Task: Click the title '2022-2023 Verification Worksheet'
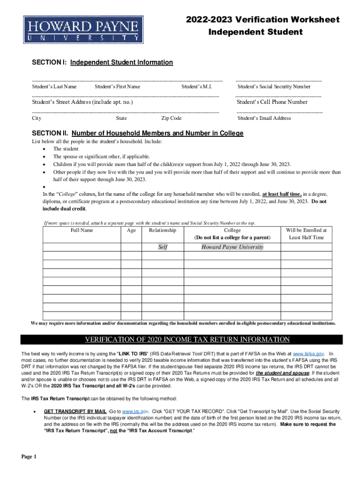pos(263,20)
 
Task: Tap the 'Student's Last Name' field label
pos(54,87)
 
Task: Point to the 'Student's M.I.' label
pos(197,87)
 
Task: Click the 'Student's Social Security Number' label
pos(274,87)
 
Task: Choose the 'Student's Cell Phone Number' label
pos(272,102)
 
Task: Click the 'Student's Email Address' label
pos(264,118)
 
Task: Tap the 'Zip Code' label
pos(171,118)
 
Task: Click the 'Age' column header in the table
pos(132,230)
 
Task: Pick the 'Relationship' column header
pos(163,230)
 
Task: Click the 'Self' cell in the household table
pos(163,247)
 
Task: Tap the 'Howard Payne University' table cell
pos(232,247)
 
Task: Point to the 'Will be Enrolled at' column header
pos(306,230)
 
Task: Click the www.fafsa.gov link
pos(308,353)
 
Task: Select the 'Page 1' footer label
pos(28,457)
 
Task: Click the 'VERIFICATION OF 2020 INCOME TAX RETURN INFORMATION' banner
pos(187,340)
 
